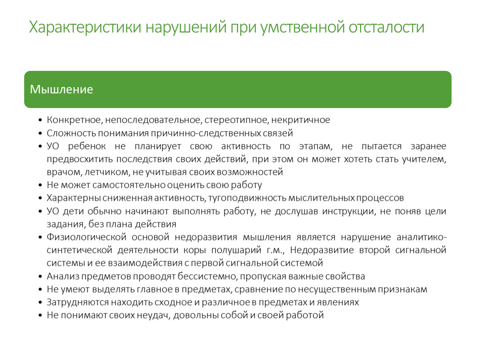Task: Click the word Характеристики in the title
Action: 85,27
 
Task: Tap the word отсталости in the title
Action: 387,27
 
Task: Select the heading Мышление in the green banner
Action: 61,89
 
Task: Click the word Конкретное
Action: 75,120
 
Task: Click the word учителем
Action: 424,159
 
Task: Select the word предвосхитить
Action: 80,159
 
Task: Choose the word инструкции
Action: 349,211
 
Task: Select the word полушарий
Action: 236,250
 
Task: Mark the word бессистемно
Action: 207,276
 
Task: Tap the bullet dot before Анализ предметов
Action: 40,277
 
